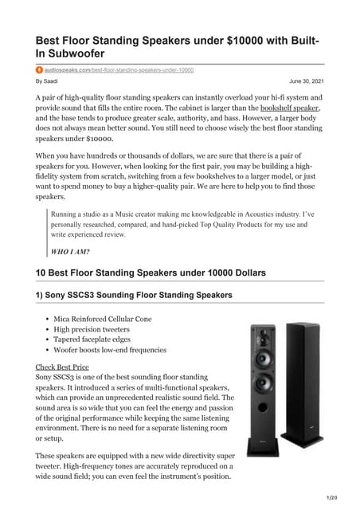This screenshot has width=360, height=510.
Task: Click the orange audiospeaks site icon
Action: (39, 71)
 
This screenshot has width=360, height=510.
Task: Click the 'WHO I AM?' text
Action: (70, 252)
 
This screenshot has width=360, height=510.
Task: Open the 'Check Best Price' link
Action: (62, 367)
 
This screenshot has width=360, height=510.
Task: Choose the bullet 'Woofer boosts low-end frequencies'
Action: (110, 349)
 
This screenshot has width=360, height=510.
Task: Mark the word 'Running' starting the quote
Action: (66, 214)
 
